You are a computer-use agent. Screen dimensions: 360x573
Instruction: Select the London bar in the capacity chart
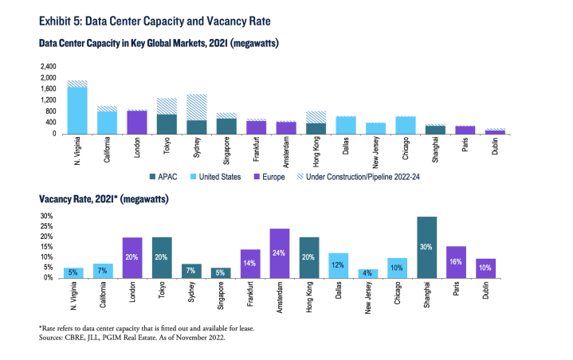pos(137,122)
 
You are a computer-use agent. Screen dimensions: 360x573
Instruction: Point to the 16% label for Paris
pos(456,261)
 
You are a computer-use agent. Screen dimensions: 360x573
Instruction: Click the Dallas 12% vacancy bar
pos(338,265)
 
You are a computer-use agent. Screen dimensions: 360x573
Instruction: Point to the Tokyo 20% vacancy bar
pos(162,257)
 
